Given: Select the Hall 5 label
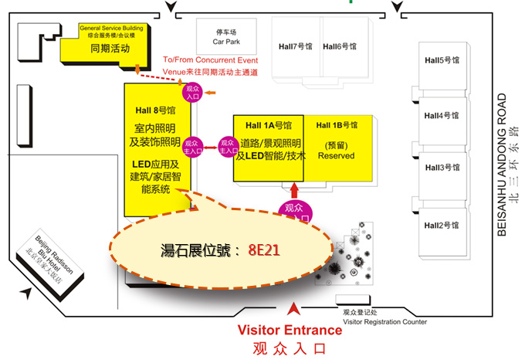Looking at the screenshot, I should (442, 59).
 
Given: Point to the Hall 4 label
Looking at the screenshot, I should (442, 116).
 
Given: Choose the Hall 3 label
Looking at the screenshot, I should (442, 167).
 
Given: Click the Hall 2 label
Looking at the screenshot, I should (442, 224).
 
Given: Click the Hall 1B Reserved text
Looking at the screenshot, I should (336, 155).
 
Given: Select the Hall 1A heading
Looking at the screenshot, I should (269, 125).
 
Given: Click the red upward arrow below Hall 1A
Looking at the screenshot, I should (294, 191).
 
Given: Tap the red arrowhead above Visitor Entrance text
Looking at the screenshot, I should (291, 311).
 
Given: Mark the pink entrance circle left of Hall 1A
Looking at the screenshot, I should (226, 146).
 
